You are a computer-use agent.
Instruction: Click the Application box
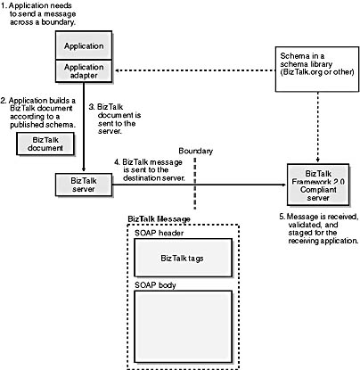coord(84,45)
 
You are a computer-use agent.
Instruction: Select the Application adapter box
coord(84,71)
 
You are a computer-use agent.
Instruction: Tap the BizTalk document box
coord(45,144)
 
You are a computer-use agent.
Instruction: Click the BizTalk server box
coord(84,185)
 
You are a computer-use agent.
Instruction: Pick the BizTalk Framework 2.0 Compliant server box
coord(318,185)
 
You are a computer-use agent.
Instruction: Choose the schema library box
coord(317,69)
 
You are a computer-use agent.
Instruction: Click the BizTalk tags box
coord(184,258)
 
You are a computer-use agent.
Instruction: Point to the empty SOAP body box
coord(184,326)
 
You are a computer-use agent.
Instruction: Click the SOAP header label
coord(159,233)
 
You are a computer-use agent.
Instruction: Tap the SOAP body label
coord(155,285)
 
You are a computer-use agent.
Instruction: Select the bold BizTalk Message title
coord(159,219)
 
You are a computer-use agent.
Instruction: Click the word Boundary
coord(196,151)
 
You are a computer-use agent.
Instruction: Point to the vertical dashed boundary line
coord(195,184)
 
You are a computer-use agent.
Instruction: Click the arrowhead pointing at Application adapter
coord(118,70)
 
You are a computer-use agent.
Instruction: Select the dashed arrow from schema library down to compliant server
coord(318,127)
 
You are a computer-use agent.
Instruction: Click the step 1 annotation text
coord(38,13)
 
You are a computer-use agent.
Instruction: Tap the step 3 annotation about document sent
coord(115,119)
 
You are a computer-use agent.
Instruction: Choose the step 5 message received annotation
coord(319,228)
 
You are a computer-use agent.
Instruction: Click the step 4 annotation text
coord(150,170)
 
